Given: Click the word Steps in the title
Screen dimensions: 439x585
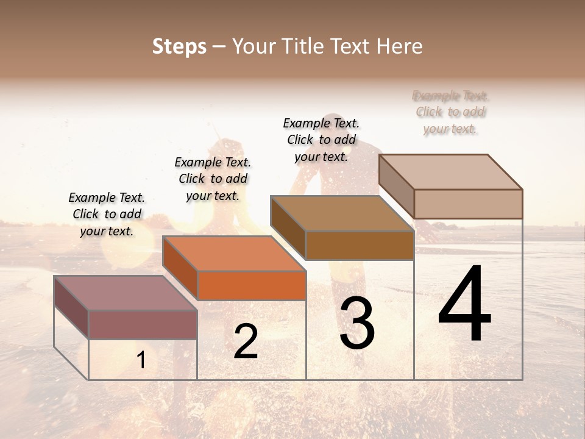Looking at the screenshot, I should (x=179, y=46).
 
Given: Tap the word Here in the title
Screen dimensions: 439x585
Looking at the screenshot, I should (x=400, y=46).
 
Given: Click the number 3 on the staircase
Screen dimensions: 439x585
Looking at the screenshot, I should (x=357, y=323).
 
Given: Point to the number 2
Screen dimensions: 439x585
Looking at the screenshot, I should (x=246, y=341).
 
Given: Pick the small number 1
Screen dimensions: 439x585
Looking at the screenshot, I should (x=141, y=360).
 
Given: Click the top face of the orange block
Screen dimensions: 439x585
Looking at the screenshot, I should (x=234, y=253).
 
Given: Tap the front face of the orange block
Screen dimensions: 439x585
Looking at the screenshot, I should (x=252, y=285).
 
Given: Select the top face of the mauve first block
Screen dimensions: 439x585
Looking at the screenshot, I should (x=126, y=293).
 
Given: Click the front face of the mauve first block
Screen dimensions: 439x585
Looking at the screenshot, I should (x=143, y=324).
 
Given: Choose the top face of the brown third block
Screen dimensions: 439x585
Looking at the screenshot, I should (x=342, y=213).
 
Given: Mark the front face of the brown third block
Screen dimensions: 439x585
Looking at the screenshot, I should (x=360, y=245).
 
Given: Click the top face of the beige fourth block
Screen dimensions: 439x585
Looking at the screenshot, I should (x=450, y=171).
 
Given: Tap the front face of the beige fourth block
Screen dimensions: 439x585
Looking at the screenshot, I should (x=468, y=204).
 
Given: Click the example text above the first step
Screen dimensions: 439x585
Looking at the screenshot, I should (x=107, y=214).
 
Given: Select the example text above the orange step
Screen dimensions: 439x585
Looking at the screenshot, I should (x=213, y=179).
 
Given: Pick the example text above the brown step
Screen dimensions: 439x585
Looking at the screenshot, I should (x=321, y=140).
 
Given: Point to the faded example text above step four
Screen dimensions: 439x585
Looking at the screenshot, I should (x=450, y=112).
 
